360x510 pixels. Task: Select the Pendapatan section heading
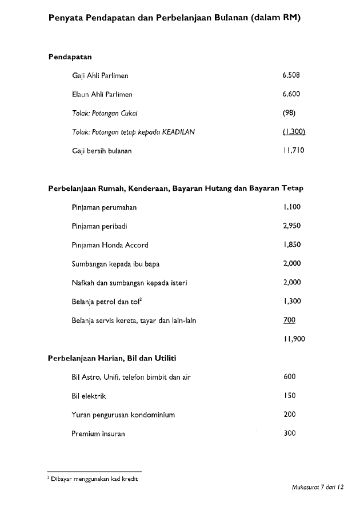click(x=70, y=57)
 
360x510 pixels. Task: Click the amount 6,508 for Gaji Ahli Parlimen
click(x=291, y=75)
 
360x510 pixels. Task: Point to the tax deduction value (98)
click(x=289, y=113)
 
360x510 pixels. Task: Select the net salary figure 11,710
click(x=294, y=151)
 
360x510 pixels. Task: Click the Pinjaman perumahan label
click(x=104, y=207)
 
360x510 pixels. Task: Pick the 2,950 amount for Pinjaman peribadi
click(x=291, y=226)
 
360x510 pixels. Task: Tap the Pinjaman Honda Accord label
click(x=110, y=245)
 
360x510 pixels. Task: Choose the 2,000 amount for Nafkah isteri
click(x=291, y=283)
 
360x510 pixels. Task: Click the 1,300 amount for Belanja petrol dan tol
click(x=291, y=302)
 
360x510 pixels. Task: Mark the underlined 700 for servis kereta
click(x=289, y=320)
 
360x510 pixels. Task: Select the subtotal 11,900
click(x=294, y=339)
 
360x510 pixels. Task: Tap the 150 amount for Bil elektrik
click(x=289, y=396)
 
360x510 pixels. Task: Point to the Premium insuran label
click(x=98, y=433)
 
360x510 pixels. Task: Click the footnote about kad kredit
click(x=94, y=479)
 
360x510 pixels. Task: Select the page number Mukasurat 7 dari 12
click(x=317, y=489)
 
